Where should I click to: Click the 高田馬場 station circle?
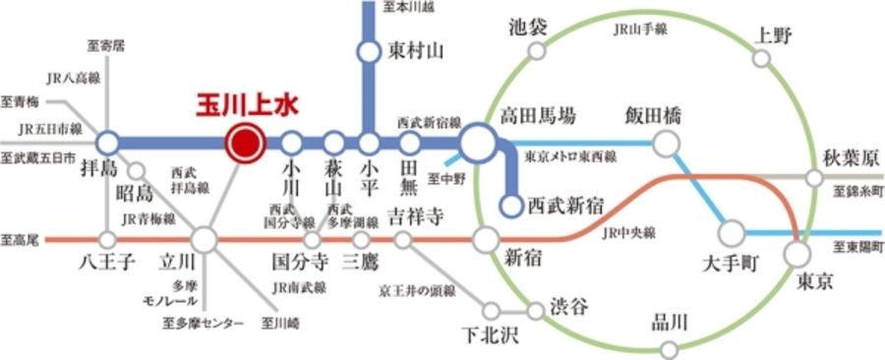pyautogui.click(x=479, y=144)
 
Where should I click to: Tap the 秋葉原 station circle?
pyautogui.click(x=814, y=177)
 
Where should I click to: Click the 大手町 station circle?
pyautogui.click(x=732, y=233)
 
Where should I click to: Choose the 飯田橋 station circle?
pyautogui.click(x=667, y=144)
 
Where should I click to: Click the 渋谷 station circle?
pyautogui.click(x=535, y=312)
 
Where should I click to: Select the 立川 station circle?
pyautogui.click(x=204, y=238)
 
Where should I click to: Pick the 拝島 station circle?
pyautogui.click(x=107, y=143)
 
